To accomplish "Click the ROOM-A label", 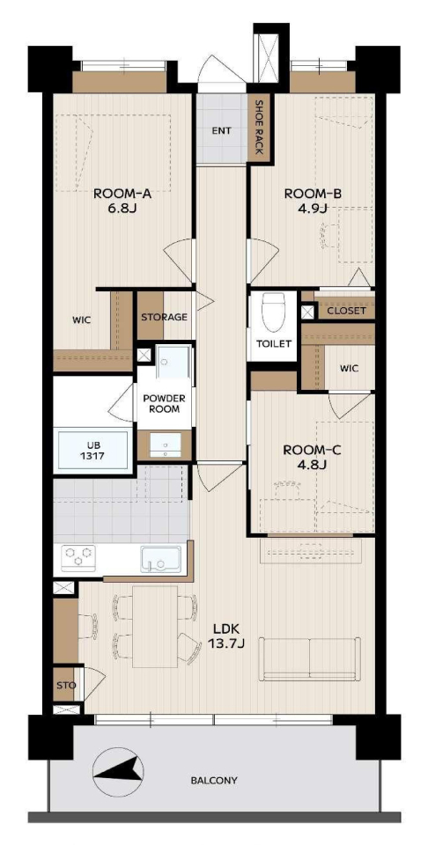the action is [x=122, y=194].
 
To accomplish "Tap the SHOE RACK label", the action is [x=259, y=128].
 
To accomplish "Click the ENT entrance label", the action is [x=221, y=130].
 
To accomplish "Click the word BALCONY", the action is [x=214, y=780].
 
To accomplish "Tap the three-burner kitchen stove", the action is [x=78, y=557].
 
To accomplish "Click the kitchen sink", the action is [x=161, y=559].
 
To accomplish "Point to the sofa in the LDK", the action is [x=310, y=658].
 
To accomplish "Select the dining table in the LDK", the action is [x=155, y=626].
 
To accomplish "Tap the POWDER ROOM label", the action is [x=164, y=404].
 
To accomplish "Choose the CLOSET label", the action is [x=347, y=311].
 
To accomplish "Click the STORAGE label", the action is [x=164, y=317].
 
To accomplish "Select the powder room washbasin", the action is [x=165, y=444].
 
